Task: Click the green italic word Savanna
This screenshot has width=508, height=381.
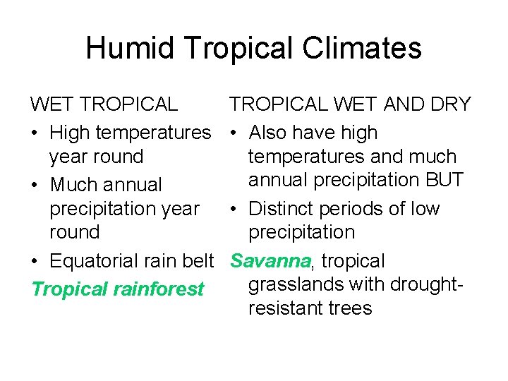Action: (x=270, y=261)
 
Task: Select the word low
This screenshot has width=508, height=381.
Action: (x=423, y=209)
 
